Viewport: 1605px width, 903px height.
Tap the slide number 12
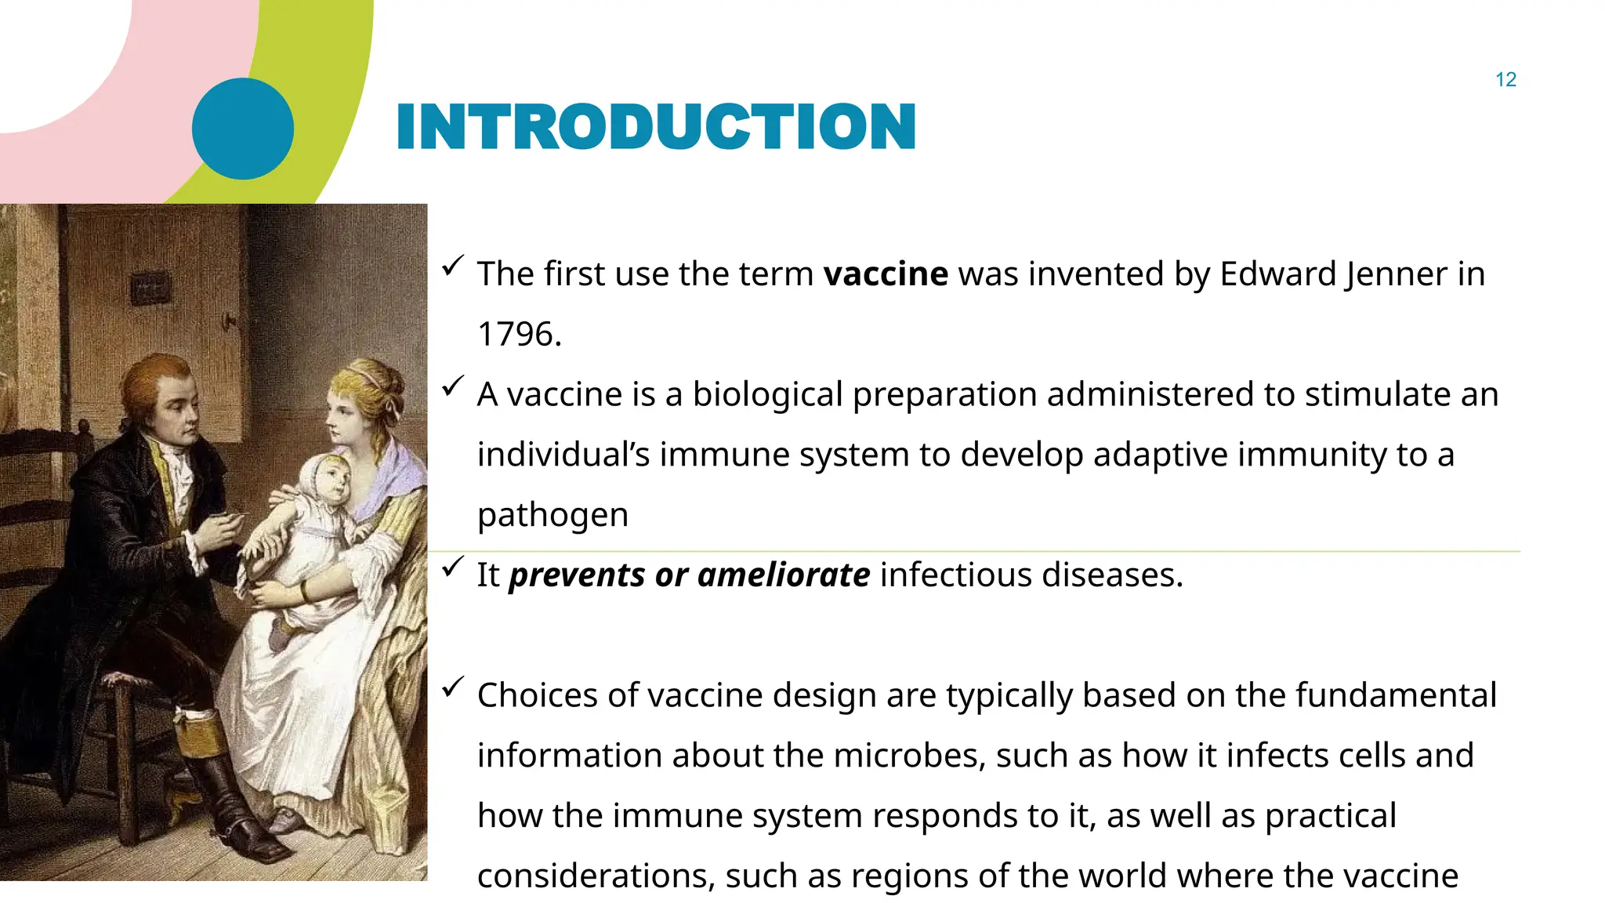pos(1505,80)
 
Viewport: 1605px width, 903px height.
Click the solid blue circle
pos(243,129)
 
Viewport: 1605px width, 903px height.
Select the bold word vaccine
pos(886,274)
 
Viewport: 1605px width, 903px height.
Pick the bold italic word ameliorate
pos(783,575)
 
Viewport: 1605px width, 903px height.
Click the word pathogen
pos(553,515)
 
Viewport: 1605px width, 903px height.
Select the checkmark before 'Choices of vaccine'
pos(453,687)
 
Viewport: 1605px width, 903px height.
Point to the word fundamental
pos(1395,695)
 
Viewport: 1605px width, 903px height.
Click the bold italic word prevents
pos(578,575)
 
